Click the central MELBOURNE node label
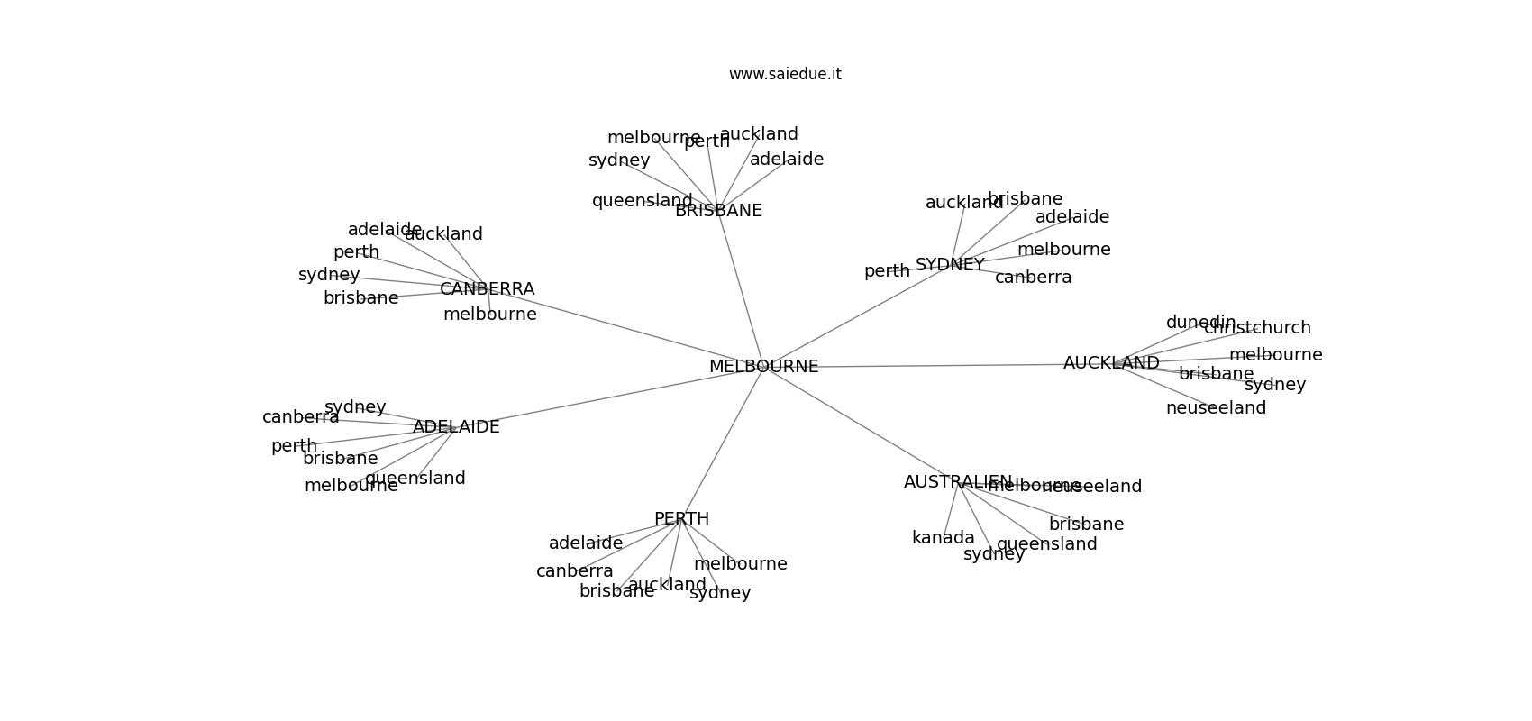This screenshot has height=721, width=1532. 763,367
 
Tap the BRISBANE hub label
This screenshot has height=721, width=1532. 718,211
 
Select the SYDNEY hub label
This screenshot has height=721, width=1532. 950,265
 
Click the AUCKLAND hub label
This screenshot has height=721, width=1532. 1111,363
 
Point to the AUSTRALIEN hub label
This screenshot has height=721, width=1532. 957,482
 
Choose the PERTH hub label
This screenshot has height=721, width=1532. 681,519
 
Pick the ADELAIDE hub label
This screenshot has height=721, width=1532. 456,427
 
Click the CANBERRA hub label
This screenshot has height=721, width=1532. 487,289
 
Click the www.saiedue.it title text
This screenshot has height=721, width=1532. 785,74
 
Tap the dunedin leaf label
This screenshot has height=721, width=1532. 1200,323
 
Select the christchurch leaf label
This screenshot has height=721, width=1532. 1257,328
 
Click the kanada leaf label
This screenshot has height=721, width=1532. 943,538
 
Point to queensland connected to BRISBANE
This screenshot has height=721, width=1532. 642,201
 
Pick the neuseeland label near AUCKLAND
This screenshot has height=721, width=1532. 1216,408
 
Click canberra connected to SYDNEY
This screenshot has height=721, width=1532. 1033,278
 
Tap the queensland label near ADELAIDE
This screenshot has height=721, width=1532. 415,479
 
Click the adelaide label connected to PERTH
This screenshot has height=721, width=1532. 586,543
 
